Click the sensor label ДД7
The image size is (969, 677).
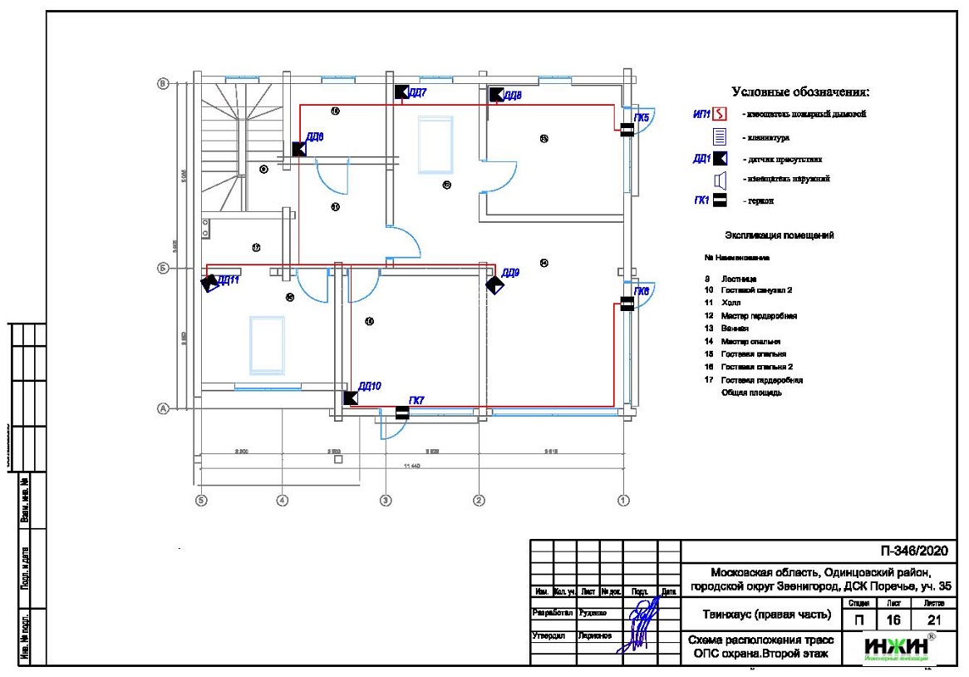pyautogui.click(x=417, y=92)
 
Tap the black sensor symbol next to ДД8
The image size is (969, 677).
pyautogui.click(x=496, y=94)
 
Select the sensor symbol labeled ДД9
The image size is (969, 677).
pyautogui.click(x=494, y=284)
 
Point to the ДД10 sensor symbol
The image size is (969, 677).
pyautogui.click(x=351, y=398)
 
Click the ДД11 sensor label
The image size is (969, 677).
pyautogui.click(x=229, y=280)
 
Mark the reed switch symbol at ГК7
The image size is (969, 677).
pyautogui.click(x=402, y=412)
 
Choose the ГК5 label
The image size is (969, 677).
pyautogui.click(x=642, y=118)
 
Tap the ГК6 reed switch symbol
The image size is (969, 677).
pyautogui.click(x=627, y=304)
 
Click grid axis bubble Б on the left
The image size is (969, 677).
pyautogui.click(x=164, y=269)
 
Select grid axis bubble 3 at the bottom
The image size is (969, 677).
pyautogui.click(x=385, y=500)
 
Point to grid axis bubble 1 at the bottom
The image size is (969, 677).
pyautogui.click(x=623, y=500)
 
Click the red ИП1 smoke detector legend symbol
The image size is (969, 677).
pyautogui.click(x=721, y=115)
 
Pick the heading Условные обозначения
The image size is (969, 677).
pyautogui.click(x=800, y=91)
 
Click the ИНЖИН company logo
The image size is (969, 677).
pyautogui.click(x=895, y=648)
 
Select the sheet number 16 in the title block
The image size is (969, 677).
pyautogui.click(x=894, y=620)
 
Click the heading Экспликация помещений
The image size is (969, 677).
pyautogui.click(x=779, y=235)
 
